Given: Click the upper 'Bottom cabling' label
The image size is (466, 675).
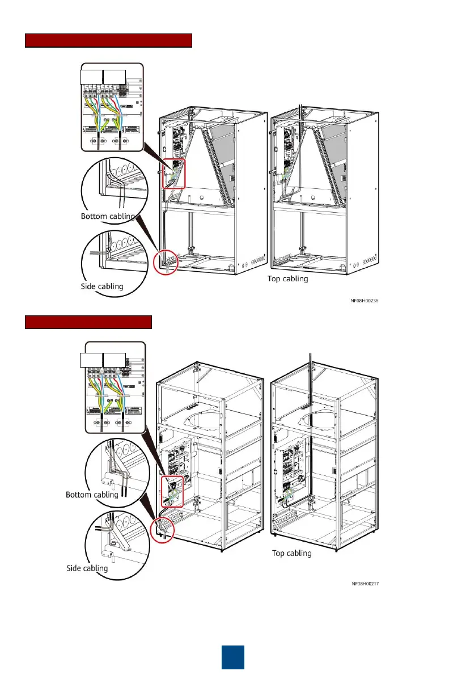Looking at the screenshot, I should (107, 217).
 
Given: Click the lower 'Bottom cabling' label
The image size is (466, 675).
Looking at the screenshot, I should (92, 495).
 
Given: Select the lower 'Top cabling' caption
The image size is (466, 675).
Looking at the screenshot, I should (292, 553).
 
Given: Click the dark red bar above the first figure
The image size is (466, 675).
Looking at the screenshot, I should (109, 41).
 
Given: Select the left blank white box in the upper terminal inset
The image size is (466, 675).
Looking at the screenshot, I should (91, 77).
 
